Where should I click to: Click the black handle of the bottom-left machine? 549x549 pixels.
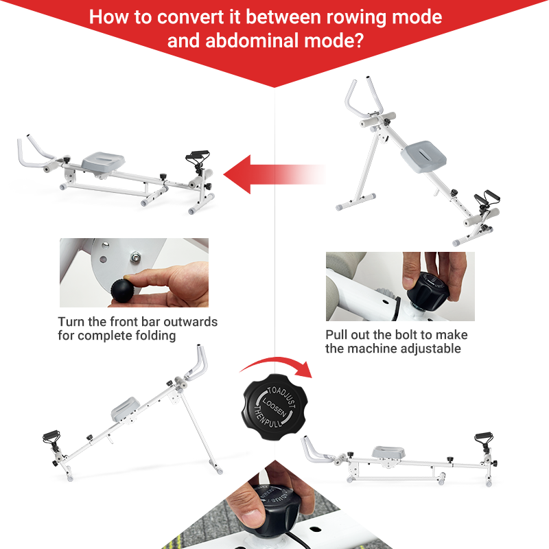click(x=51, y=437)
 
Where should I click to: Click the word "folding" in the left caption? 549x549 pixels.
click(x=157, y=336)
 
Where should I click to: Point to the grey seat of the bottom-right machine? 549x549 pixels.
click(x=388, y=452)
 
